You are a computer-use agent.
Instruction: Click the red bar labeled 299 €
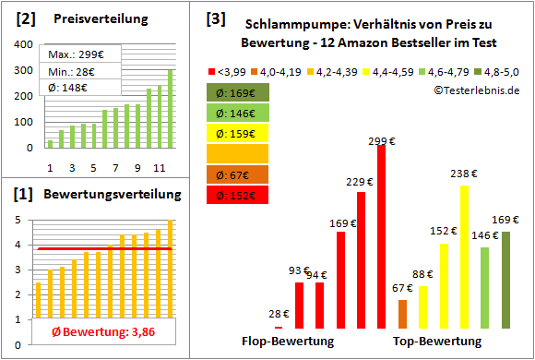pos(381,238)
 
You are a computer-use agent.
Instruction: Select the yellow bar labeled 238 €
pos(464,258)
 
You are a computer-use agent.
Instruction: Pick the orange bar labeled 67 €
pos(402,314)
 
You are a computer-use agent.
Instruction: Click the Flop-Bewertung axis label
pos(288,342)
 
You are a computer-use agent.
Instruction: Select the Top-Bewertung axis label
pos(437,342)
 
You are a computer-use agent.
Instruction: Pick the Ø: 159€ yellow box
pos(238,133)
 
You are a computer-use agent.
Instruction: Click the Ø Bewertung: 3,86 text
pos(96,332)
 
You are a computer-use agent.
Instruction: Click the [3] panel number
pos(215,18)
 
